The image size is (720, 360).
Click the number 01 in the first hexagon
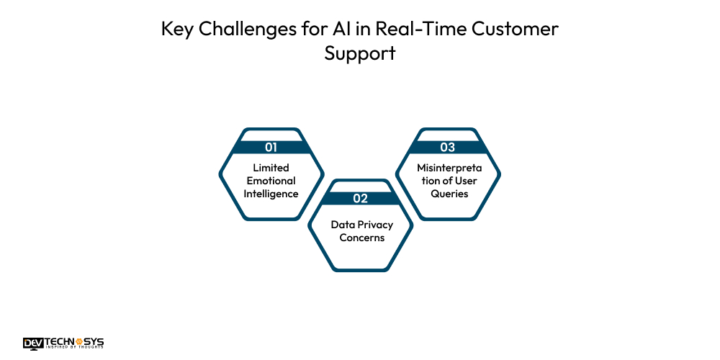271,147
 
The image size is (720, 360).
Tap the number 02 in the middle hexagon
361,198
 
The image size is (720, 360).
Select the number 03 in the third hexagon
448,147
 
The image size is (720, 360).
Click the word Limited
271,168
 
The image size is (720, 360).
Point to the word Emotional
271,181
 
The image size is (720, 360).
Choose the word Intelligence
271,194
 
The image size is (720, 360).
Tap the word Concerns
361,238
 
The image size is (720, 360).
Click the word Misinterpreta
448,168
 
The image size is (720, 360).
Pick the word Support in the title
360,54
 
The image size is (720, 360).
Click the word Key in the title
177,30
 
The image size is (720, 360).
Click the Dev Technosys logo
63,343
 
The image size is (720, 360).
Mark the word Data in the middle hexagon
343,225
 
